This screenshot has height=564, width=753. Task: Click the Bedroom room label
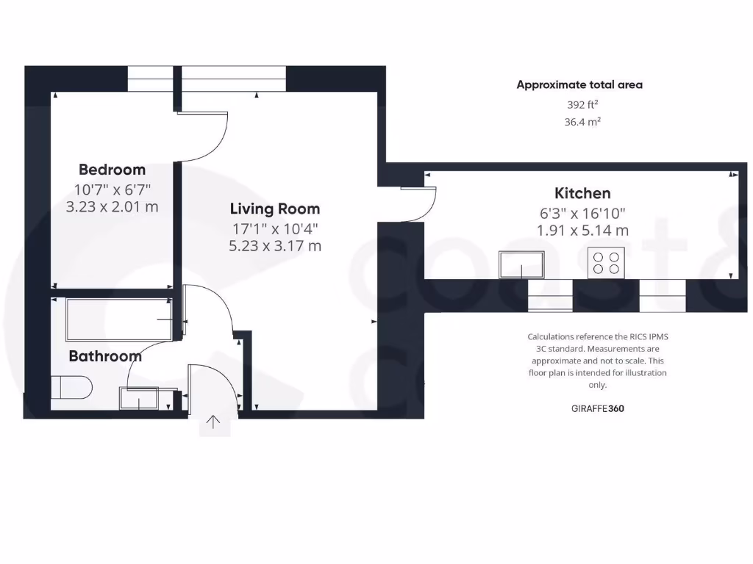pos(112,170)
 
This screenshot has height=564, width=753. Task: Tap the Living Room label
pos(274,209)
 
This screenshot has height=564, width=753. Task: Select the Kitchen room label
pos(582,193)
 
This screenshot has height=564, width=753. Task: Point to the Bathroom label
pos(105,356)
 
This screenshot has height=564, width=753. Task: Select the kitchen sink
pos(521,264)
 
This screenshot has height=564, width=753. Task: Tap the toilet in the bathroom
pos(71,387)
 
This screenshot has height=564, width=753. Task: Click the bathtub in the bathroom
pos(118,319)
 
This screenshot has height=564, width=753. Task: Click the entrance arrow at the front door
pos(214,422)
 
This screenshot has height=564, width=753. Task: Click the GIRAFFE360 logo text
pos(597,409)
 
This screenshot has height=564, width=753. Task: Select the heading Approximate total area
pos(579,84)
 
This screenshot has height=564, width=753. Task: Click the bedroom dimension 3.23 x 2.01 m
pos(112,207)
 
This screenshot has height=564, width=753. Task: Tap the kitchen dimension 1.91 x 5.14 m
pos(582,230)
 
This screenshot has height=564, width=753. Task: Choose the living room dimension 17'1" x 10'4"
pos(274,228)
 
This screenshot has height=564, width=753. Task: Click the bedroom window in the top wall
pos(151,79)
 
